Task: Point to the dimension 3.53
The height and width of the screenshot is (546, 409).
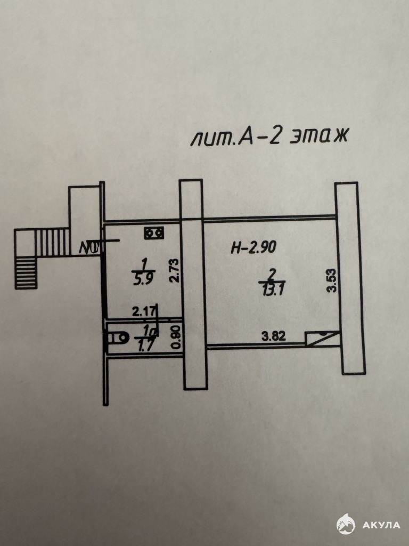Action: tap(332, 280)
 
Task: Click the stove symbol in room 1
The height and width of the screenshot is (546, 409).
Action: tap(154, 233)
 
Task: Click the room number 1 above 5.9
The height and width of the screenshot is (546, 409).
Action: tap(143, 265)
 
